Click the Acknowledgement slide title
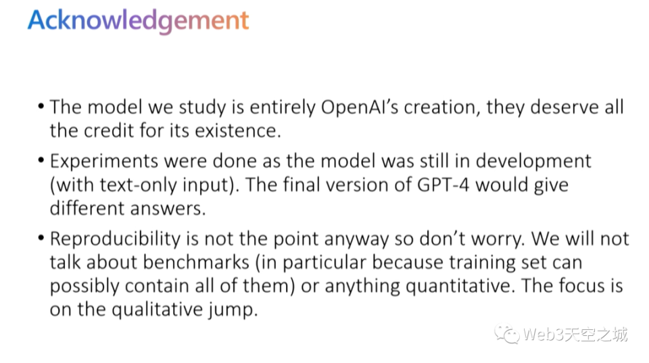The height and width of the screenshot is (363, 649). [x=138, y=21]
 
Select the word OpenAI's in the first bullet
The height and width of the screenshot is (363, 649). [x=359, y=107]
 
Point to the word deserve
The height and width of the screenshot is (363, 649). [x=564, y=107]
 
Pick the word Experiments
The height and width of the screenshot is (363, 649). [x=104, y=162]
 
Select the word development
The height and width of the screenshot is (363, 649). [x=533, y=162]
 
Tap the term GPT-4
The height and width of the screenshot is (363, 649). [x=443, y=185]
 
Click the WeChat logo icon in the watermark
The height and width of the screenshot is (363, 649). [x=506, y=334]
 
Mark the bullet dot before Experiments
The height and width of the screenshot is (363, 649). [x=41, y=160]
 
